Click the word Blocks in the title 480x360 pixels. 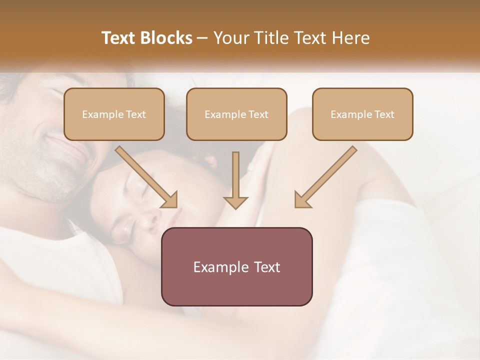point(166,38)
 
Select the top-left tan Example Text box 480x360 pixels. point(114,114)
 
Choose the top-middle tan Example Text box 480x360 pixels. point(236,114)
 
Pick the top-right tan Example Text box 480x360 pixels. point(362,114)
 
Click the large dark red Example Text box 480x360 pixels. point(236,266)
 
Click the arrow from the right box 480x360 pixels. point(327,175)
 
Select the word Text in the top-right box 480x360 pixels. point(384,114)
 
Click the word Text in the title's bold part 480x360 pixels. point(118,38)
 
